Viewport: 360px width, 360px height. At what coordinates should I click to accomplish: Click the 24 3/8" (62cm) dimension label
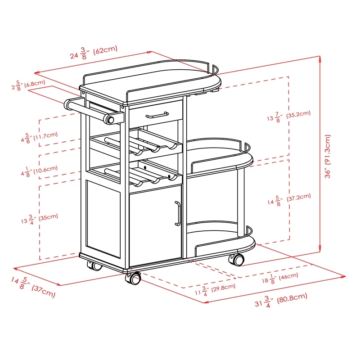(94, 53)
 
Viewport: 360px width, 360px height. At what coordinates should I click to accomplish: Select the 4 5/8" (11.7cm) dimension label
(39, 137)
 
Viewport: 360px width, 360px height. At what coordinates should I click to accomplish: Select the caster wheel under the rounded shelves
(237, 259)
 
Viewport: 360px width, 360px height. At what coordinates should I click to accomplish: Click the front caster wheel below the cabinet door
(134, 279)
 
